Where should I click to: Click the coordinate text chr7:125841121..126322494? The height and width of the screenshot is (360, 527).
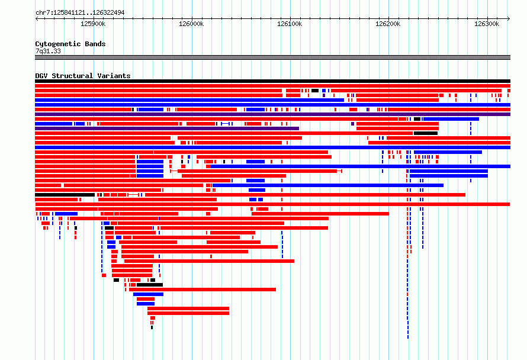pos(80,13)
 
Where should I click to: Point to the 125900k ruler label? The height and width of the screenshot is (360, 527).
pos(93,24)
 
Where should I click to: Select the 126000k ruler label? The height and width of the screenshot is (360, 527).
pos(191,24)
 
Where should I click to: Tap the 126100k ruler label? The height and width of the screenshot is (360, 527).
pos(290,24)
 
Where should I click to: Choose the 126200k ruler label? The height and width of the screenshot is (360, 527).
pos(388,24)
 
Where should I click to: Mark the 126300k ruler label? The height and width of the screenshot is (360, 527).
pos(487,24)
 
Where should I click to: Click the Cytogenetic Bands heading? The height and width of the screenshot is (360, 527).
pos(70,44)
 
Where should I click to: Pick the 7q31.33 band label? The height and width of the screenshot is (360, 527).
pos(48,51)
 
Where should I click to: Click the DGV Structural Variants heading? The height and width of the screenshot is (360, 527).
pos(83,76)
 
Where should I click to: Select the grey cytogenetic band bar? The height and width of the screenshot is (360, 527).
pos(272,57)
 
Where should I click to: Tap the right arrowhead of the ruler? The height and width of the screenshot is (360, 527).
pos(509,19)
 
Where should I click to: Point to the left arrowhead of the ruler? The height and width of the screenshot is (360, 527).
pos(36,19)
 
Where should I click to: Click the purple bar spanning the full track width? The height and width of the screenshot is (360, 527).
pos(272,114)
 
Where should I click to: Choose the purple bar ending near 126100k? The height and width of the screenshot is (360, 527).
pos(167,128)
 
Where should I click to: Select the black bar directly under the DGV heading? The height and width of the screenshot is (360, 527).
pos(272,81)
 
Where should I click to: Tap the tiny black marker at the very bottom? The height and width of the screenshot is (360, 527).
pos(152,327)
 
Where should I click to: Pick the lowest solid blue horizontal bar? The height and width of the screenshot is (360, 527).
pos(146,304)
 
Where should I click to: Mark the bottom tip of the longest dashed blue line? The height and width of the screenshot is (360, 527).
pos(408,338)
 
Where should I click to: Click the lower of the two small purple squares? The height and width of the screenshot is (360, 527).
pos(352,124)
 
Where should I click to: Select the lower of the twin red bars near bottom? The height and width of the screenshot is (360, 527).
pos(188,313)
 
